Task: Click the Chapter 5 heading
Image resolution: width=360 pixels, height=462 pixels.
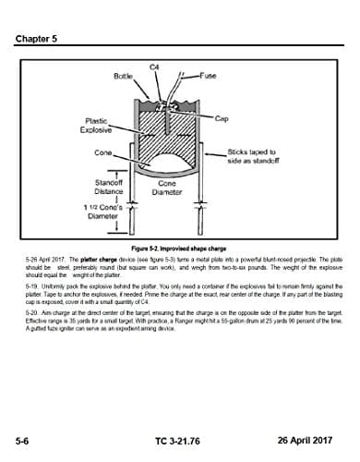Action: click(35, 39)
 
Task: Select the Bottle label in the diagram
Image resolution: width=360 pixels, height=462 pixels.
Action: click(124, 77)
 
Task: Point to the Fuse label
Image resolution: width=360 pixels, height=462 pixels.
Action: click(208, 77)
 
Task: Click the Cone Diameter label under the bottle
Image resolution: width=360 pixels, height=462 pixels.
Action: click(167, 188)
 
